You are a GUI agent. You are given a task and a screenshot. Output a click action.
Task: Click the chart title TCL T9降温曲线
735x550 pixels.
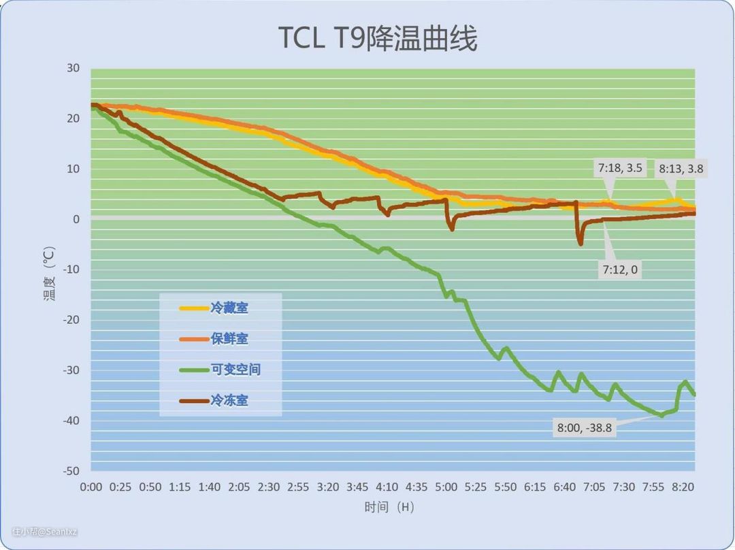pos(378,38)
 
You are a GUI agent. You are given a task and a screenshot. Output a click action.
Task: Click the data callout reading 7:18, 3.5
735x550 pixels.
pos(619,168)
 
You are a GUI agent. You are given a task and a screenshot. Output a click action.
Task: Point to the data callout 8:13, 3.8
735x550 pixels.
pos(681,168)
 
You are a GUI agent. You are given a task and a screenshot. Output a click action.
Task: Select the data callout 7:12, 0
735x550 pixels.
pos(619,270)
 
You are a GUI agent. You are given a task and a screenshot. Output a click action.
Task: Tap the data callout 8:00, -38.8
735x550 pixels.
pos(585,428)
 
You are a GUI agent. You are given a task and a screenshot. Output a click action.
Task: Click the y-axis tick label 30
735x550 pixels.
pos(73,68)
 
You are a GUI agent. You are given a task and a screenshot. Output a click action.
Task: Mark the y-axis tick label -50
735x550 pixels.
pos(71,471)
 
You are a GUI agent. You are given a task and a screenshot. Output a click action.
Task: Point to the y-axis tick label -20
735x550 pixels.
pos(71,320)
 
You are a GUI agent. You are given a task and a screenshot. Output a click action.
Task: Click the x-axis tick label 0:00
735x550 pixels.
pos(91,487)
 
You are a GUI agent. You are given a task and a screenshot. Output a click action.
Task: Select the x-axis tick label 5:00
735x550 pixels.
pos(446,487)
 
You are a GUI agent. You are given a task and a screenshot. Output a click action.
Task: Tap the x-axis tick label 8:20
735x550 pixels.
pos(683,487)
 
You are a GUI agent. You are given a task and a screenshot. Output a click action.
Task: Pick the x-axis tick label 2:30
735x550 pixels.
pos(269,487)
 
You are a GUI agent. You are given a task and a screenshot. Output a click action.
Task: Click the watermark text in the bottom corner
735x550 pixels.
pos(45,532)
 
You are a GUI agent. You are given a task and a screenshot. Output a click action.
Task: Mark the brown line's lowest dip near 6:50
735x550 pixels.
pos(581,243)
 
